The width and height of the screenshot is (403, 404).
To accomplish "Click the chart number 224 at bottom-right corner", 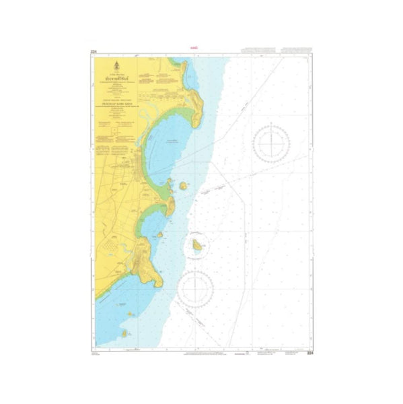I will click(x=310, y=353).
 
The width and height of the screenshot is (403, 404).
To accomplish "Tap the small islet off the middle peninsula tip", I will click(x=183, y=186).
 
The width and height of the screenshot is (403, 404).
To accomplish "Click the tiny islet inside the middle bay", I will click(x=160, y=235).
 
